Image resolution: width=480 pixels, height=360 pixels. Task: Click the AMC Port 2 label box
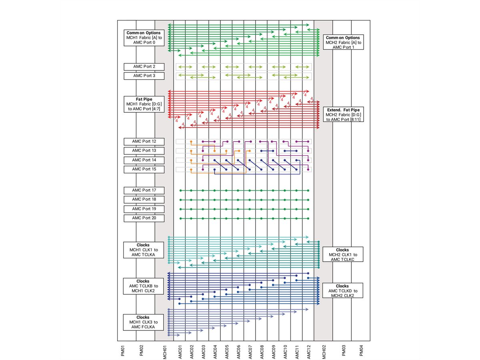[144, 66]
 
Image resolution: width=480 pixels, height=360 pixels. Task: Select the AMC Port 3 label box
[144, 76]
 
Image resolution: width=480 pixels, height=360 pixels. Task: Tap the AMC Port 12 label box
[144, 141]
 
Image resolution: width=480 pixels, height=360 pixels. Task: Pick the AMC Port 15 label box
[144, 169]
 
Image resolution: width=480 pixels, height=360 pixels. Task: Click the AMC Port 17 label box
[144, 190]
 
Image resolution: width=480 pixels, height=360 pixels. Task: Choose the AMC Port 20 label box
[144, 218]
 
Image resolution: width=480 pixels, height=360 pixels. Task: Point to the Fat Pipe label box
[144, 104]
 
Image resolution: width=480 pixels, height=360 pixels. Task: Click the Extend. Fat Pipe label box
[342, 114]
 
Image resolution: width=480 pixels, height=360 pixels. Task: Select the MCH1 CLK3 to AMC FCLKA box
[143, 322]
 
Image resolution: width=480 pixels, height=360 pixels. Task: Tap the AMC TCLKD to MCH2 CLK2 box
[342, 290]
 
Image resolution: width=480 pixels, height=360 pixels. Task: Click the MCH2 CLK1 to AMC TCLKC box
[342, 254]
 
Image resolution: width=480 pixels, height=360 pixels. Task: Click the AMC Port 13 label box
[144, 150]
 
